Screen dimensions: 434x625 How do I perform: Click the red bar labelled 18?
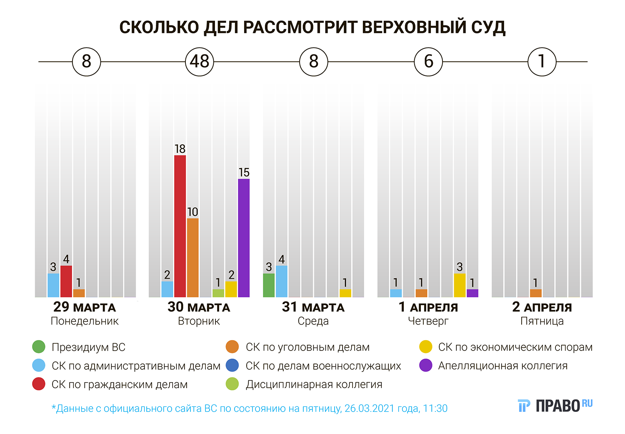coord(180,226)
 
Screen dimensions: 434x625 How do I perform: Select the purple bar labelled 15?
coord(244,238)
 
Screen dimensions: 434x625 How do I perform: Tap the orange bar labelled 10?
coord(192,257)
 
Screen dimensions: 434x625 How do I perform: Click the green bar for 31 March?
coord(269,285)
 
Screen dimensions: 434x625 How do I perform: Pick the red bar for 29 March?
coord(66,281)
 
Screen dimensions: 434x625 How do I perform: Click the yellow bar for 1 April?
coord(460,285)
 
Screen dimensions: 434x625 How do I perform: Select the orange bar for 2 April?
coord(536,293)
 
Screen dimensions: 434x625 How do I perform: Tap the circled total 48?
coord(200,62)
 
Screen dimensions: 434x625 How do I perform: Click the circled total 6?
coord(428,62)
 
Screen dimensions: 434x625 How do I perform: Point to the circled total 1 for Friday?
coord(542,62)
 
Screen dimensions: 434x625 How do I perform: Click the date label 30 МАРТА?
coord(199,307)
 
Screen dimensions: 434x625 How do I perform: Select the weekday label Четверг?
coord(428,321)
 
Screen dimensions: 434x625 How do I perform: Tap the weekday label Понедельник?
coord(85,321)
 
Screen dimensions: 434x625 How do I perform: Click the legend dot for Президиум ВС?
coord(39,347)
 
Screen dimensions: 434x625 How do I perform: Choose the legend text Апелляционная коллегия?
coord(503,366)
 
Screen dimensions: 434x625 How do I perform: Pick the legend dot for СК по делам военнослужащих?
coord(232,366)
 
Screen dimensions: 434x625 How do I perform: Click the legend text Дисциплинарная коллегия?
coord(314,384)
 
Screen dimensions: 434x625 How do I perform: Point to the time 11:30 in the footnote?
coord(435,409)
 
